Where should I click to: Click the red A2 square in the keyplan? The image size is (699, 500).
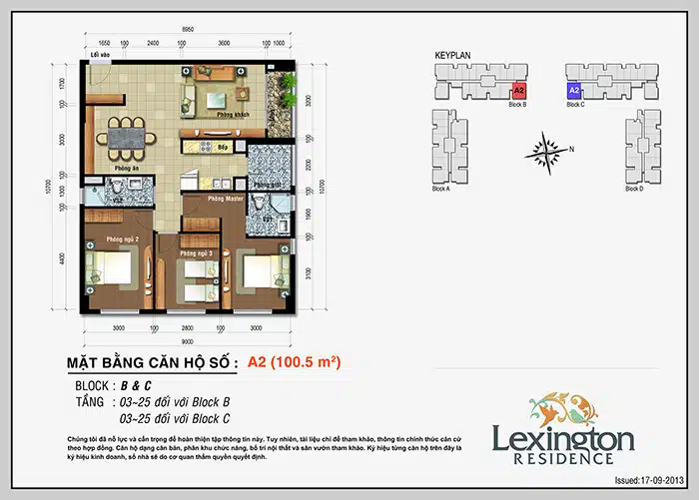[518, 90]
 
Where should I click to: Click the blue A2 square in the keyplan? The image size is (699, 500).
[573, 90]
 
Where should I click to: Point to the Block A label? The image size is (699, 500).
[440, 189]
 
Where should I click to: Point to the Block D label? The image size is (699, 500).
[633, 189]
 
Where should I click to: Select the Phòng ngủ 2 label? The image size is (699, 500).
[108, 239]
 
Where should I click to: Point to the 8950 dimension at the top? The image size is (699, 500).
[189, 32]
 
